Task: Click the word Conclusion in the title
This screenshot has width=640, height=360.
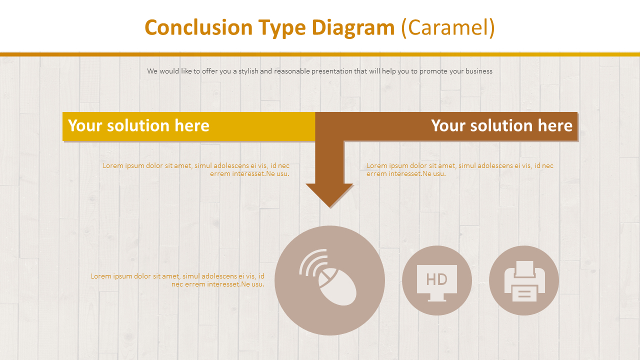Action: tap(198, 27)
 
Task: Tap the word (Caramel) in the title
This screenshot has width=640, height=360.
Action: tap(448, 27)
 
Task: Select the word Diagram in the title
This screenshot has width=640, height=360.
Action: tap(353, 27)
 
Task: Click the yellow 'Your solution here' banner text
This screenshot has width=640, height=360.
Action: tap(138, 125)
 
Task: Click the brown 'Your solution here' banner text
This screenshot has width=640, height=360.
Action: tap(501, 125)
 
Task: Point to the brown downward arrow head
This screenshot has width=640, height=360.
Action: tap(329, 195)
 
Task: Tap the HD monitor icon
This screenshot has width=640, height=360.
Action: tap(437, 281)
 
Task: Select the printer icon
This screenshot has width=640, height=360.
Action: tap(524, 281)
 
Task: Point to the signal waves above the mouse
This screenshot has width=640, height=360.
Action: tap(312, 261)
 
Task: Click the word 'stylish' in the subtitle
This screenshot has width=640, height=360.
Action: tap(248, 71)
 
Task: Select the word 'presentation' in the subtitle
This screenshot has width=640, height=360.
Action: tap(331, 71)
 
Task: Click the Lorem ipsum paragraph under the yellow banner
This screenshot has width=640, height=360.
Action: tap(196, 169)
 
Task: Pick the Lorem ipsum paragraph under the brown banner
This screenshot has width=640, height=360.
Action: tap(460, 169)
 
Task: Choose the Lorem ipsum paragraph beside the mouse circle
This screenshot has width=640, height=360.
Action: tap(177, 280)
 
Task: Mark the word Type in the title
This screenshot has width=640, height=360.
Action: tap(282, 27)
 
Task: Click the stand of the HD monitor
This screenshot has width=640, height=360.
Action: tap(437, 298)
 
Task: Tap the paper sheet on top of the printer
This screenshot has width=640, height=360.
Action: tap(524, 268)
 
